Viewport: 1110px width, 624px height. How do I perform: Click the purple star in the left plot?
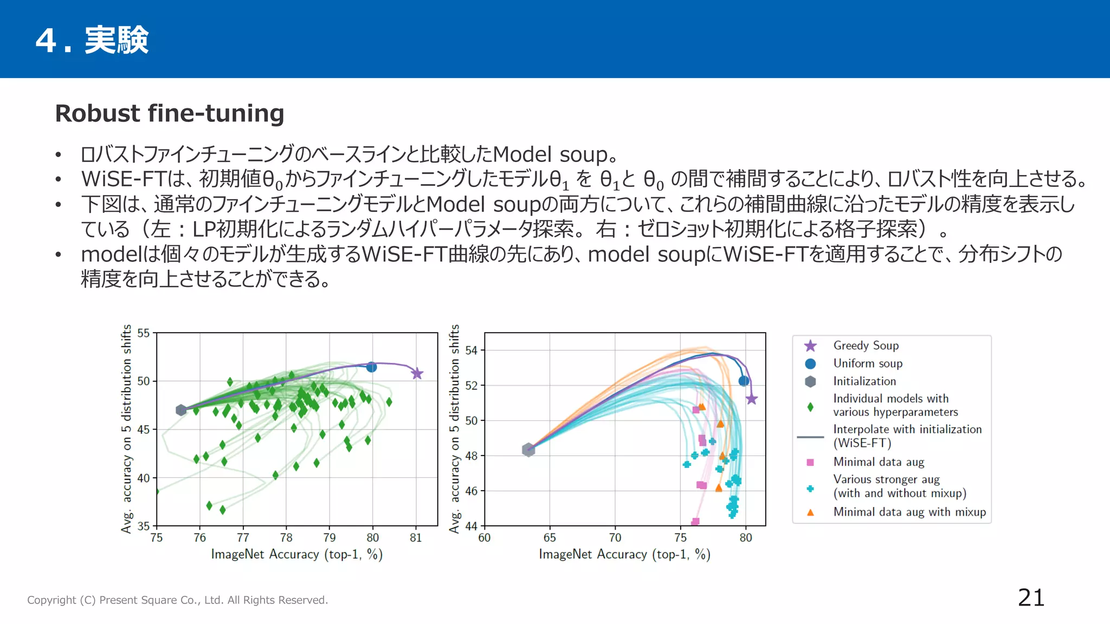click(x=416, y=374)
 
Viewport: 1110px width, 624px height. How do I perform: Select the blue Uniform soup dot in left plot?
click(x=371, y=367)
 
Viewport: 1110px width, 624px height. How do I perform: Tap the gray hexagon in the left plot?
click(x=182, y=410)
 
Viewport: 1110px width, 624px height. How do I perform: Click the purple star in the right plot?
click(x=751, y=399)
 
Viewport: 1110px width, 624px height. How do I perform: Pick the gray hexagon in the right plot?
click(x=528, y=450)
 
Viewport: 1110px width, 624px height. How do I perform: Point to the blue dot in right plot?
click(x=744, y=381)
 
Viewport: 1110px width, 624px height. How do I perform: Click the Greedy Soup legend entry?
click(x=866, y=346)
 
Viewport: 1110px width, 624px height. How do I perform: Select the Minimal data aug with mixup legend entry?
click(x=909, y=512)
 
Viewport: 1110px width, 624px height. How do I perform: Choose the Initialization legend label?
click(x=864, y=381)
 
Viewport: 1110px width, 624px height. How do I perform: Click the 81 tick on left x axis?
click(x=416, y=538)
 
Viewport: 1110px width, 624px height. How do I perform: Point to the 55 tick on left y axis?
click(x=144, y=333)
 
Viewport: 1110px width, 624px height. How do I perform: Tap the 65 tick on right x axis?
click(x=550, y=538)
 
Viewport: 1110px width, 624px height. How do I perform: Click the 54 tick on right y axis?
click(x=472, y=350)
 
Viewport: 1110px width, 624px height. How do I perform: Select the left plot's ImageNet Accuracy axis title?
click(x=296, y=555)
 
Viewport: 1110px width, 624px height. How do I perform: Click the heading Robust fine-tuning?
click(x=170, y=114)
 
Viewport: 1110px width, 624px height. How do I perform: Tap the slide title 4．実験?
click(x=92, y=40)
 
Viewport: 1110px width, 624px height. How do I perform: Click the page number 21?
click(x=1031, y=598)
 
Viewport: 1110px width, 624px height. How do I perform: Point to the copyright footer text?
click(x=177, y=600)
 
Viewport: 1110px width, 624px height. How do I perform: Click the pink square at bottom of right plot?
click(x=695, y=522)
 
